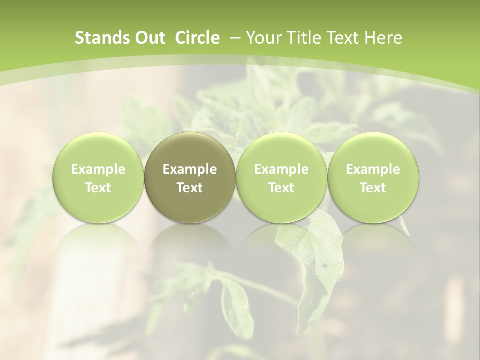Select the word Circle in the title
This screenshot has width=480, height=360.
(197, 38)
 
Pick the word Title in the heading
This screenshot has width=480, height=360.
(303, 38)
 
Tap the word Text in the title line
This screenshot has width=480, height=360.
(344, 38)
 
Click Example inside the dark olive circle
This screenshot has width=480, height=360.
(189, 169)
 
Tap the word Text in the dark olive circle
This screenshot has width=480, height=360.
(189, 188)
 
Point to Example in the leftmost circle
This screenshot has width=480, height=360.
(98, 169)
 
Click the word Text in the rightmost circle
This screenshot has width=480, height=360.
(373, 188)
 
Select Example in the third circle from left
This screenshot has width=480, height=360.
(281, 169)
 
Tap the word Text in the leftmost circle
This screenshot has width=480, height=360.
(98, 188)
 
